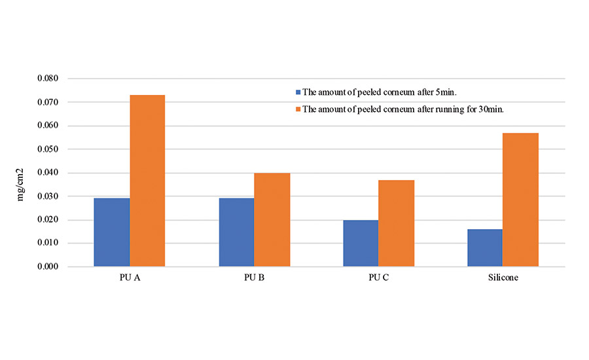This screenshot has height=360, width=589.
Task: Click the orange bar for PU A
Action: (147, 181)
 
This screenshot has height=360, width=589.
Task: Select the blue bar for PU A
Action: (112, 232)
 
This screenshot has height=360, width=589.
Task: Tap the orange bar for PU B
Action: (272, 220)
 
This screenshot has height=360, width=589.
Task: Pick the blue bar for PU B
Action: (236, 232)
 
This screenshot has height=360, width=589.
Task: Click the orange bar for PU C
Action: (396, 223)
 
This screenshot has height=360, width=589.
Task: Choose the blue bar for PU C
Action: (361, 243)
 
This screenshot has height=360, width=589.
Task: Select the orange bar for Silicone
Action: (521, 200)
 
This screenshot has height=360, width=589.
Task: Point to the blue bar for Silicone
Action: (485, 248)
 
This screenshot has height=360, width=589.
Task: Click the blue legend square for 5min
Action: (298, 92)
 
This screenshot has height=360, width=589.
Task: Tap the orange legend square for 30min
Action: (298, 109)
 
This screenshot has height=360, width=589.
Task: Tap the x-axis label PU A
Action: (130, 278)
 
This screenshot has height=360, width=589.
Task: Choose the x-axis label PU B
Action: (254, 278)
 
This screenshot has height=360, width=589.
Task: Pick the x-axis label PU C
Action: (378, 278)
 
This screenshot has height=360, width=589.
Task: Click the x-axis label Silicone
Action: (503, 278)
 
